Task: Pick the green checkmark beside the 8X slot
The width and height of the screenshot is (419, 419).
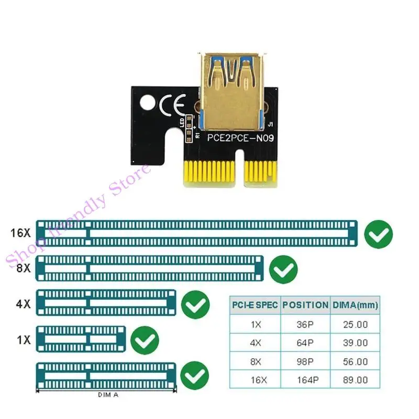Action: [x=283, y=270]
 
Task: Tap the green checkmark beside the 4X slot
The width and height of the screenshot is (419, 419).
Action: [x=195, y=304]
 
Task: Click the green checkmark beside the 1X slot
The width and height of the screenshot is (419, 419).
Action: [x=144, y=341]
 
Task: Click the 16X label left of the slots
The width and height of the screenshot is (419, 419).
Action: [x=21, y=233]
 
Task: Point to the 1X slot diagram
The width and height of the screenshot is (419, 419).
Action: [x=81, y=339]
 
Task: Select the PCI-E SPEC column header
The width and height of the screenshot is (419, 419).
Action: [x=255, y=304]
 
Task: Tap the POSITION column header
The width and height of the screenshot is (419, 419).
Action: [x=305, y=304]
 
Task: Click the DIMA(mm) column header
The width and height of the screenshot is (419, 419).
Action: [x=355, y=304]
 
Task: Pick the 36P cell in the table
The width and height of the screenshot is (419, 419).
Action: [x=305, y=324]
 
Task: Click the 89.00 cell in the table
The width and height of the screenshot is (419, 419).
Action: [x=355, y=380]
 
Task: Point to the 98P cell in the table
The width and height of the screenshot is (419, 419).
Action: [x=305, y=361]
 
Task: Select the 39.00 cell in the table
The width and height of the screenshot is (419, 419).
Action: [x=355, y=343]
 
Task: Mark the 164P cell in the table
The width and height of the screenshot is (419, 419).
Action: [x=305, y=380]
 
